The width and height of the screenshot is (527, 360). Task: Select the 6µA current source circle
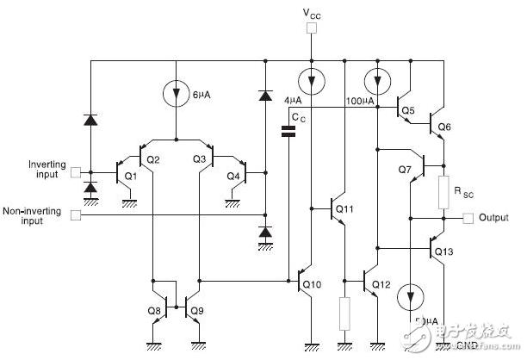176,92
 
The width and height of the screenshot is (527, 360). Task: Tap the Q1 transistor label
131,177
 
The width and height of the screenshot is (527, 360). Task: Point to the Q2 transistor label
152,159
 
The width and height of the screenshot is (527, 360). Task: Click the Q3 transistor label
200,159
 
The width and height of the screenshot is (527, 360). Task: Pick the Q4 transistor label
233,177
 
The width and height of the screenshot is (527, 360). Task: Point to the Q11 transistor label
344,208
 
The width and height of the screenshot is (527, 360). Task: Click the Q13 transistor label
443,251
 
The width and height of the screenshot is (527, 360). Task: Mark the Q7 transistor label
406,170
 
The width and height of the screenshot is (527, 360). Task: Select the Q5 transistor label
407,110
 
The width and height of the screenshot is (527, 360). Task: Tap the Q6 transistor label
444,127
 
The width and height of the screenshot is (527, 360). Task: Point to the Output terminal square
468,218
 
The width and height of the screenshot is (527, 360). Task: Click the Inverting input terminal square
76,171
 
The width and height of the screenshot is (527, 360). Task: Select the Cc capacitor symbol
290,131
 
